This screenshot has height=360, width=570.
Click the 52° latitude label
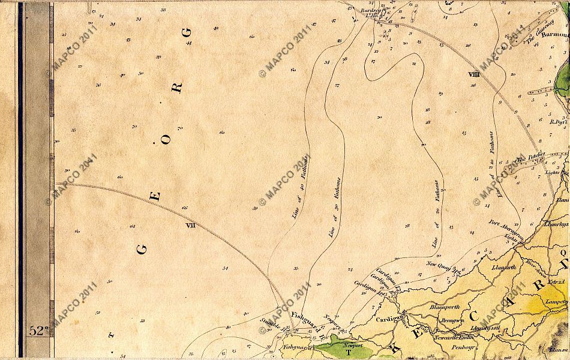click(38, 331)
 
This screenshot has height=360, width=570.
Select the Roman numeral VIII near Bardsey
click(473, 74)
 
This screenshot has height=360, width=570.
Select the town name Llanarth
click(503, 268)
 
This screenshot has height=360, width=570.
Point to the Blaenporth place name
click(444, 307)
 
